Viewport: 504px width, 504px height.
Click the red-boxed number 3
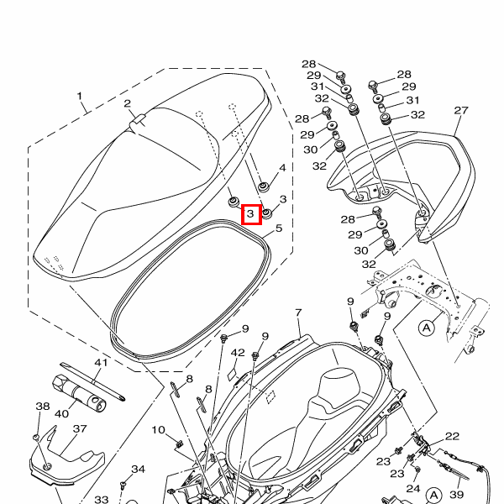click(x=251, y=216)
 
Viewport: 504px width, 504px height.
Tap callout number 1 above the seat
click(x=81, y=97)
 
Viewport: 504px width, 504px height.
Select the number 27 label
click(x=460, y=111)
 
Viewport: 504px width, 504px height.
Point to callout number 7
click(x=298, y=313)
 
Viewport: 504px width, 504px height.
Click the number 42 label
click(x=238, y=353)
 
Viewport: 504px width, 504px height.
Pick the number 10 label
click(x=158, y=430)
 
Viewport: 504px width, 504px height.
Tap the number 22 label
click(x=452, y=436)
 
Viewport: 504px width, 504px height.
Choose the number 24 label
click(x=412, y=488)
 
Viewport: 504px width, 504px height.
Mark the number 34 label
click(x=139, y=469)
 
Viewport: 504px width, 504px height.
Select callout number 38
click(x=42, y=407)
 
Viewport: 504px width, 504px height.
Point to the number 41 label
click(x=101, y=363)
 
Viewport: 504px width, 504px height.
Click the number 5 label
click(x=278, y=228)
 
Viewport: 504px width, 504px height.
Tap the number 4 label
click(x=282, y=168)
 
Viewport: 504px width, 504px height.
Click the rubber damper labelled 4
click(x=263, y=185)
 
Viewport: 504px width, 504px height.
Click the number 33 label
click(x=101, y=500)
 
